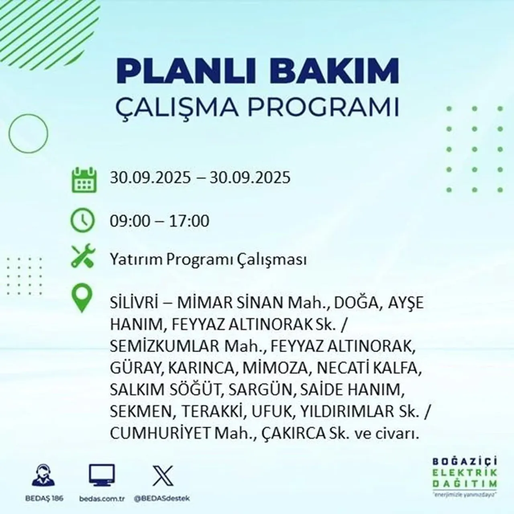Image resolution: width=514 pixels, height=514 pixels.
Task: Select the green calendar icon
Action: coord(84,179)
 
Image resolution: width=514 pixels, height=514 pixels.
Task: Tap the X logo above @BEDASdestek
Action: coord(163,476)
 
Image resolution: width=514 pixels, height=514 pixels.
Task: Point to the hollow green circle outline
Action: coord(29,133)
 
